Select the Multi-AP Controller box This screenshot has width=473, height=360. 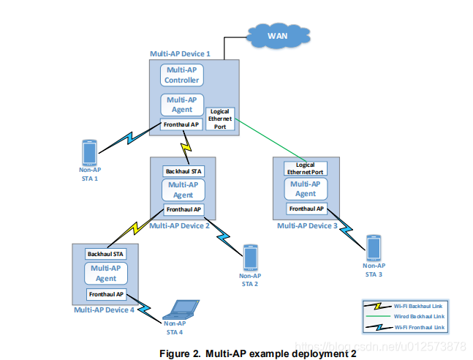181,75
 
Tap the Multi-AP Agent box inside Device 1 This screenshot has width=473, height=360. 181,105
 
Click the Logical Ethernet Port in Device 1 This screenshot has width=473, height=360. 219,119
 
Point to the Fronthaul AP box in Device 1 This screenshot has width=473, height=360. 181,124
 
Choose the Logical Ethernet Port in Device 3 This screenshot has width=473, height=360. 305,168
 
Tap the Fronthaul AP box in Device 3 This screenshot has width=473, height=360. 305,209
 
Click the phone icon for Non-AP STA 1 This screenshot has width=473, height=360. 90,152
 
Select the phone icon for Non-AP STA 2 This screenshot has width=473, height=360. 250,257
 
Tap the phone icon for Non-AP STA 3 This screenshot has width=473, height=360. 374,248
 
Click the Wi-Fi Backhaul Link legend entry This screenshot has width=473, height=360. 405,304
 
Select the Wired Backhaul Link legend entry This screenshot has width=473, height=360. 405,316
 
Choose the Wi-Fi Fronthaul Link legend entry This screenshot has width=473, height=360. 405,327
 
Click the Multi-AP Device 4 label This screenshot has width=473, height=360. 104,310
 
